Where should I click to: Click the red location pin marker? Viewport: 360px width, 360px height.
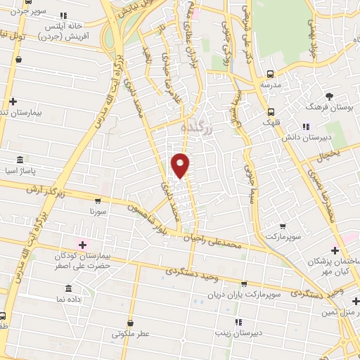coord(181,165)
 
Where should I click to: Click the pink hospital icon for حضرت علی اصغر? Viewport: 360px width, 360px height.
coord(83,245)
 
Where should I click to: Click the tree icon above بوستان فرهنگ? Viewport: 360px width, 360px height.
coord(329,96)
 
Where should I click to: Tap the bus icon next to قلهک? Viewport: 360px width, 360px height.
coord(271,112)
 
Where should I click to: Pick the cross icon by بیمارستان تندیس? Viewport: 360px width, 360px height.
coord(13,102)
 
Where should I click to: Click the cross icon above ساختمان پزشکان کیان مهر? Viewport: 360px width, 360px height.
coord(335,250)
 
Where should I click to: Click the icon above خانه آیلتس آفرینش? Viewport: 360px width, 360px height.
coord(65,15)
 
